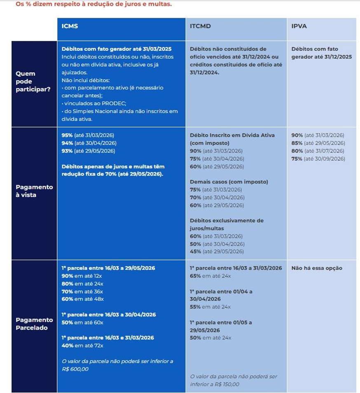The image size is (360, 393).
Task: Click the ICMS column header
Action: pos(70,26)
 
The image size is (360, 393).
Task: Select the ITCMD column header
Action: pos(200,26)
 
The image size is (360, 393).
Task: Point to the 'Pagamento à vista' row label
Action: pos(34,191)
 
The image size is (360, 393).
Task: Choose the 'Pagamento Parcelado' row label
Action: pos(34,324)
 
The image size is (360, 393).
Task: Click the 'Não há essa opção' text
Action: pos(317,268)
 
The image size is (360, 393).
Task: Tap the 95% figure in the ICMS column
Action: pos(67,136)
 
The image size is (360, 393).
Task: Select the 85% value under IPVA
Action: pos(297,143)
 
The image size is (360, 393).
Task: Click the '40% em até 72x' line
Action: pos(82,345)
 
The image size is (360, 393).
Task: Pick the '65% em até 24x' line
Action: pos(210,276)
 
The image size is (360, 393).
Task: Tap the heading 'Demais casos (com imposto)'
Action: pos(229,182)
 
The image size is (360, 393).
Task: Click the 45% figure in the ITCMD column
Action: pos(195,251)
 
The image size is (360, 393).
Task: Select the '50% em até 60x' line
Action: pos(82,322)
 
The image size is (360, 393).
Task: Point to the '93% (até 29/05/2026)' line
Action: pos(88,151)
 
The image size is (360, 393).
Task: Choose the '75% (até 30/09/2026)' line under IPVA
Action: pos(318,159)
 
